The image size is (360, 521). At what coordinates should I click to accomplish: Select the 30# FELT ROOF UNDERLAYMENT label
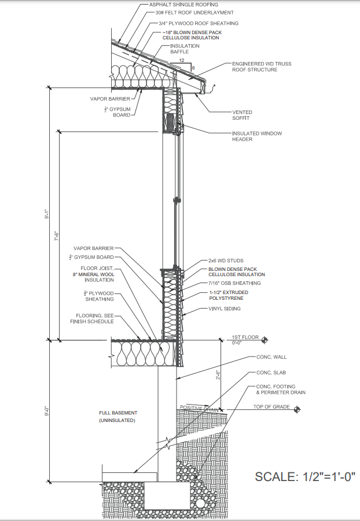(186, 12)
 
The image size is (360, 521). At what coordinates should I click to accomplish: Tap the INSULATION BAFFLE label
(180, 49)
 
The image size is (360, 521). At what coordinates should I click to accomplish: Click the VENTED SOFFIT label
(242, 115)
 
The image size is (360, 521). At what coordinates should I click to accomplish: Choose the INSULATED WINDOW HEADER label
(257, 137)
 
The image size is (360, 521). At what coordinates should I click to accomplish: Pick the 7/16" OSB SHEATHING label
(234, 283)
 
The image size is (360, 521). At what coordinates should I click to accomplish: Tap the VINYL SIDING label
(225, 309)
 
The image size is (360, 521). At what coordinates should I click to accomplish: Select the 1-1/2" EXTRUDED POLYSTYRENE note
(229, 295)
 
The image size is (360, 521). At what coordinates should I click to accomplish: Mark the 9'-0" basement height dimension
(38, 411)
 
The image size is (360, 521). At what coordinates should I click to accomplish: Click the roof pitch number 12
(182, 60)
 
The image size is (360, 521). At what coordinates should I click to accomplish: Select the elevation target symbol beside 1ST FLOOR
(264, 339)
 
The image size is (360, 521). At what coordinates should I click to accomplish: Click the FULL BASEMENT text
(118, 413)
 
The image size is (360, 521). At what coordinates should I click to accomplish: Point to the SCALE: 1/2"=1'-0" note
(304, 477)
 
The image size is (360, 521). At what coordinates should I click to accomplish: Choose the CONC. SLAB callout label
(271, 372)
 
